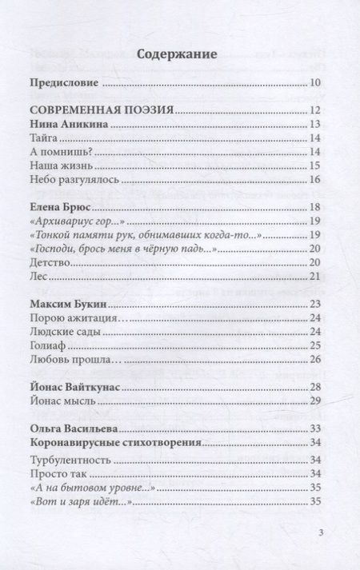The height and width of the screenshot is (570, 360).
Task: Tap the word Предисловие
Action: click(x=62, y=83)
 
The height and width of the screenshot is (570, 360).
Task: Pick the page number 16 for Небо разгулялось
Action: click(x=314, y=180)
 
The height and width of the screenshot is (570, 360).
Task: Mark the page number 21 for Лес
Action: click(x=314, y=277)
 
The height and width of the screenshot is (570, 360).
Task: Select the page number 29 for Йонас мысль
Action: click(x=314, y=401)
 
